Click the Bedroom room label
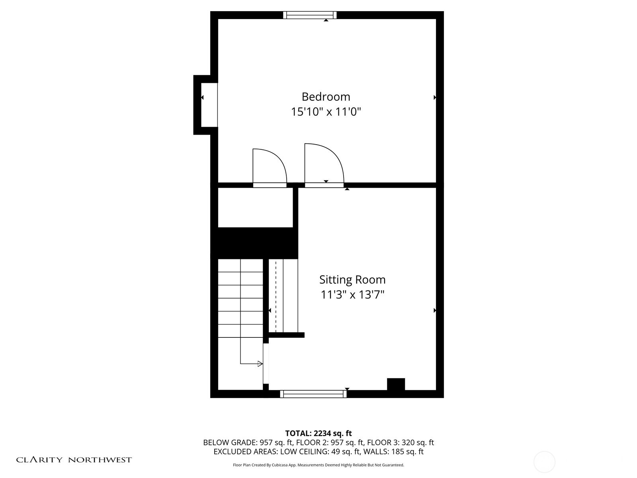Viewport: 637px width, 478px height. pyautogui.click(x=326, y=97)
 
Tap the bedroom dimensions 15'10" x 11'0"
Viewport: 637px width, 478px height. pyautogui.click(x=326, y=112)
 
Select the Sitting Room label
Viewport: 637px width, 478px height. pyautogui.click(x=352, y=280)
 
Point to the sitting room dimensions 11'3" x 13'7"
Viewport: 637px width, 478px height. pyautogui.click(x=352, y=295)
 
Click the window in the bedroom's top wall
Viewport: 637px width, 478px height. pyautogui.click(x=310, y=15)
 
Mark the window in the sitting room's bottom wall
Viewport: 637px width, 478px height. pyautogui.click(x=313, y=394)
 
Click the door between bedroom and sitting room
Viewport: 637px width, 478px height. pyautogui.click(x=324, y=165)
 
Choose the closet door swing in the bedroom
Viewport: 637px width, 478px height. pyautogui.click(x=270, y=168)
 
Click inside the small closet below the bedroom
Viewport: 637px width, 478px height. pyautogui.click(x=255, y=208)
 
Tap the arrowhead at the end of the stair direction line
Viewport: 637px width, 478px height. pyautogui.click(x=260, y=364)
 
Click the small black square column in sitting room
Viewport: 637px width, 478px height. pyautogui.click(x=396, y=384)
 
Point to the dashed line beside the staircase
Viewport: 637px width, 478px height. pyautogui.click(x=276, y=295)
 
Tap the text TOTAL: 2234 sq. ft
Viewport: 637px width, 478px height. pyautogui.click(x=318, y=433)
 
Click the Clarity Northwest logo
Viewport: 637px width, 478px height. pyautogui.click(x=74, y=460)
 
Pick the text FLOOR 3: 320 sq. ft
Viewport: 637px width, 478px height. pyautogui.click(x=401, y=443)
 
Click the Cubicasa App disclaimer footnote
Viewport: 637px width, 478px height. pyautogui.click(x=318, y=465)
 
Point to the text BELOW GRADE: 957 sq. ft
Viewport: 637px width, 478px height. pyautogui.click(x=248, y=443)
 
